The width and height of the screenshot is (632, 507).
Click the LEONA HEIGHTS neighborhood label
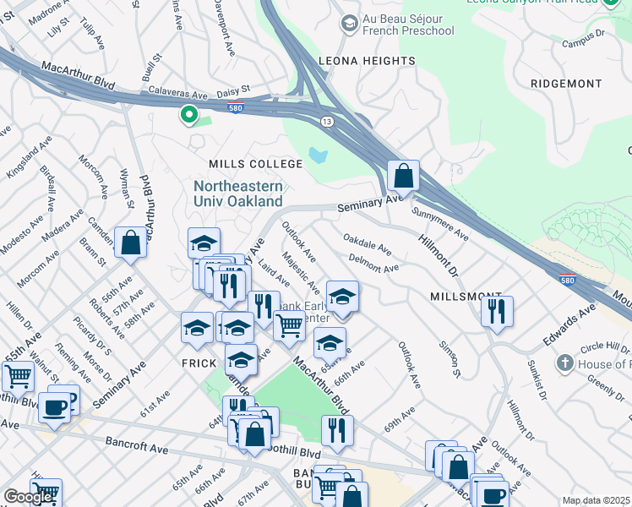pyautogui.click(x=366, y=61)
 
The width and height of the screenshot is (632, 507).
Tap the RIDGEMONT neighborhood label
pyautogui.click(x=566, y=84)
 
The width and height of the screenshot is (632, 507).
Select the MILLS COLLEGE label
pyautogui.click(x=256, y=163)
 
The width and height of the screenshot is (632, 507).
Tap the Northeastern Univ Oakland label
pyautogui.click(x=237, y=194)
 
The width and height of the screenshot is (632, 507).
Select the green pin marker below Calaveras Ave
pyautogui.click(x=189, y=115)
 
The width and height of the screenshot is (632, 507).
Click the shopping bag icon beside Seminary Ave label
pyautogui.click(x=404, y=177)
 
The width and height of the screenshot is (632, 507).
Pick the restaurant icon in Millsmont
pyautogui.click(x=497, y=310)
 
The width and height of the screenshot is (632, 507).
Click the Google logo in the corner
pyautogui.click(x=28, y=497)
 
